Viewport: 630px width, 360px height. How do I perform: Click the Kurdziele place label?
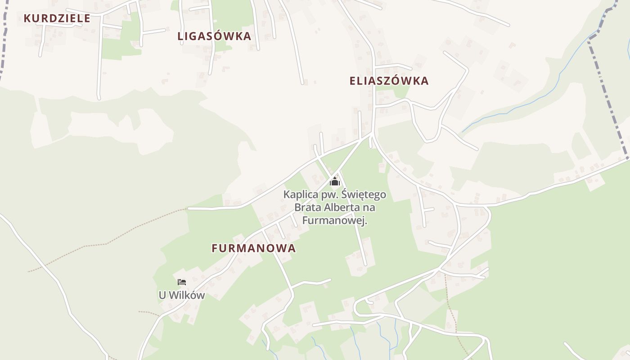click(x=57, y=18)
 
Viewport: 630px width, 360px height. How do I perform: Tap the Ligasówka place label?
click(x=214, y=36)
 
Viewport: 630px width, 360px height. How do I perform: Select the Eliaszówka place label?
click(x=389, y=81)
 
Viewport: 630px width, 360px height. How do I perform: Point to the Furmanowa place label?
click(x=254, y=248)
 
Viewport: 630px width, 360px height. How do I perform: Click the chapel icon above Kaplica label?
click(x=334, y=181)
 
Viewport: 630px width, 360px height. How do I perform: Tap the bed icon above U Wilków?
click(x=182, y=282)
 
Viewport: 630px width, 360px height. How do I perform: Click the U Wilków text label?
click(x=182, y=296)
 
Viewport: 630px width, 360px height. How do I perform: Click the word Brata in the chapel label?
click(x=306, y=208)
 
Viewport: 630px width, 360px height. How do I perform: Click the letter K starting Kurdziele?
click(x=27, y=18)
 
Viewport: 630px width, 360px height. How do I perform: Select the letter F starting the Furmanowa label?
click(x=215, y=248)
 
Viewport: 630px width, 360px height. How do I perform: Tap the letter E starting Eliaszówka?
click(x=353, y=81)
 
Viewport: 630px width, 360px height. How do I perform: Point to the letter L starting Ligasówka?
click(x=180, y=36)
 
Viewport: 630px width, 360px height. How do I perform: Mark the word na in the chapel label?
click(x=369, y=208)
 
